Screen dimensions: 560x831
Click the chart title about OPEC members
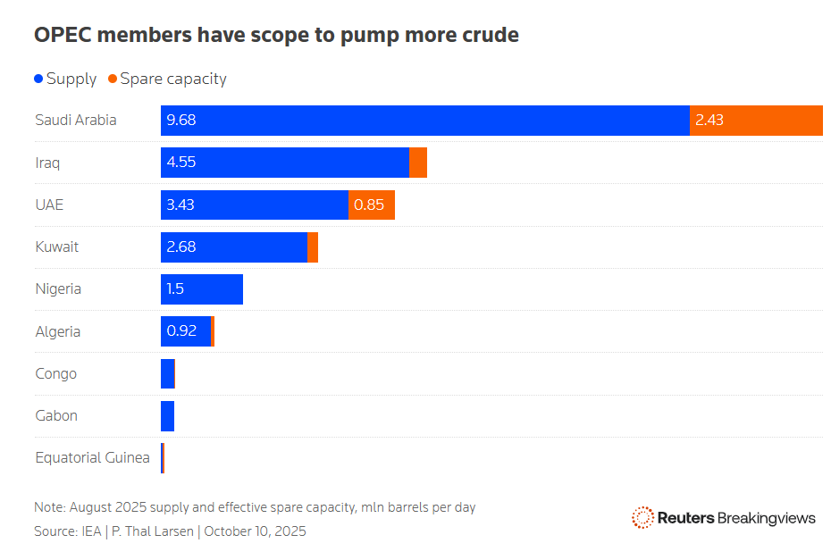[276, 36]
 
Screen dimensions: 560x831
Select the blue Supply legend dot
[38, 79]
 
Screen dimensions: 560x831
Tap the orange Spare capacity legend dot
[113, 79]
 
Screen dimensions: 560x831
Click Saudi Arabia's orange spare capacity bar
[756, 120]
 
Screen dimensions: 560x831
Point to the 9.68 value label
[180, 120]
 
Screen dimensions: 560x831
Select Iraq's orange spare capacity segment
[417, 163]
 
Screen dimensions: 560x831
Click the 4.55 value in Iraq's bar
[180, 163]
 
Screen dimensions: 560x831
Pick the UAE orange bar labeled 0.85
[371, 205]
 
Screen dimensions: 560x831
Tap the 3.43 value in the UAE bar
[180, 205]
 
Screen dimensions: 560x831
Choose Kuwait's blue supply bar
[233, 247]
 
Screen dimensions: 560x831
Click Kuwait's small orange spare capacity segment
[313, 247]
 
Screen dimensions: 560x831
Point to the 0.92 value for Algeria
[180, 331]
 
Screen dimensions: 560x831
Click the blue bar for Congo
[168, 373]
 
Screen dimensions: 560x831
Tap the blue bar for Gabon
[167, 415]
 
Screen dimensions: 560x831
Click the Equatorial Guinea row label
[92, 457]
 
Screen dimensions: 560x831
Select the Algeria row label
[57, 331]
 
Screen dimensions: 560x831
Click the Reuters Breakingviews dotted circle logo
[642, 518]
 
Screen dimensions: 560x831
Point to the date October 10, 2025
[255, 531]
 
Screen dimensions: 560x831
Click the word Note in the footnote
[50, 507]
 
